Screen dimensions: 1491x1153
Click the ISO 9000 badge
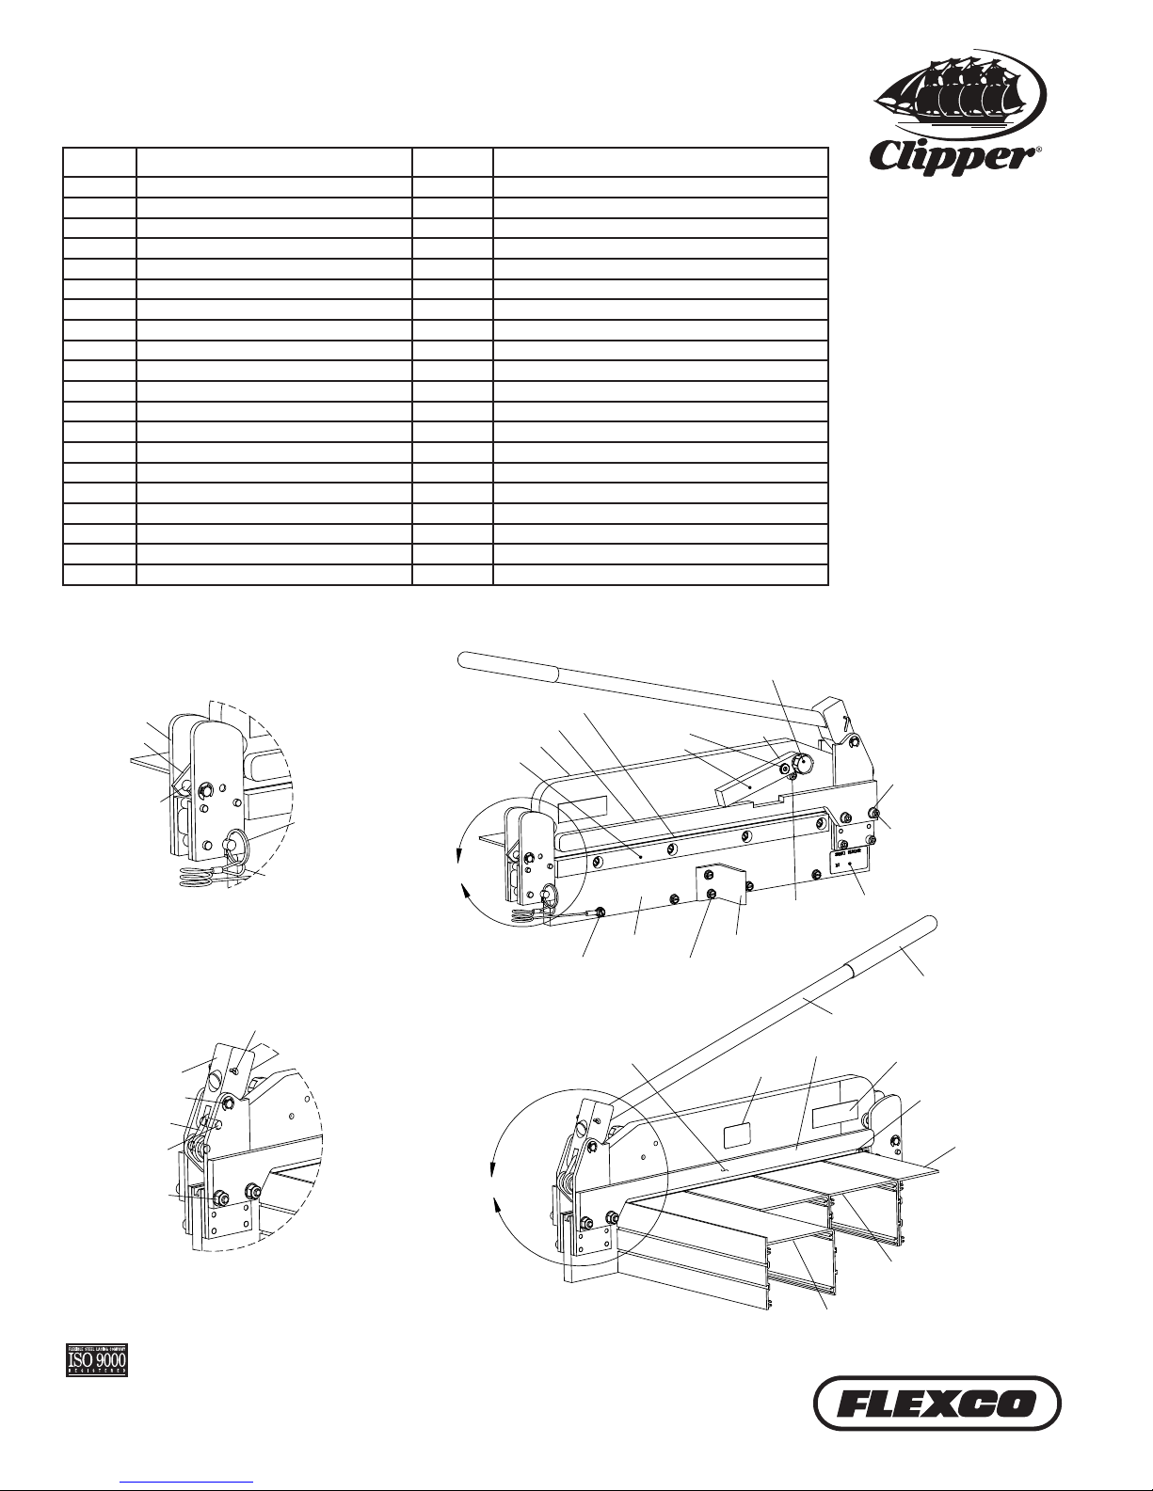pyautogui.click(x=96, y=1359)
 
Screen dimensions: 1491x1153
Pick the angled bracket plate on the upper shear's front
pyautogui.click(x=723, y=885)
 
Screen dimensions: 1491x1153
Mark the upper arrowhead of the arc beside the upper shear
pyautogui.click(x=459, y=855)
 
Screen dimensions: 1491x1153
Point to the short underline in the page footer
pyautogui.click(x=187, y=1481)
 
